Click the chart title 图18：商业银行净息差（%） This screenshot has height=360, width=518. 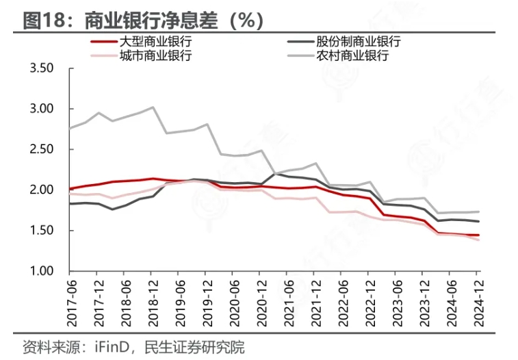pos(143,20)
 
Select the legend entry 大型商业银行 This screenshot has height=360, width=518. pos(156,42)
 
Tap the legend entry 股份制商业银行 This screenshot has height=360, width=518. pos(359,42)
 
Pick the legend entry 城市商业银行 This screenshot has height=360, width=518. pos(156,55)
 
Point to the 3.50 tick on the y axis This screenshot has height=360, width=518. pos(42,68)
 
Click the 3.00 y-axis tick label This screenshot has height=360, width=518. pos(42,109)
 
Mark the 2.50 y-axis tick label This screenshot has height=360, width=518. pos(42,149)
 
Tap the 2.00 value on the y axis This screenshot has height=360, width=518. pos(42,190)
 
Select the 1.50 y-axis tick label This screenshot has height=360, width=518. pos(42,231)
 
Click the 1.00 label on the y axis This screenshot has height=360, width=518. pos(42,271)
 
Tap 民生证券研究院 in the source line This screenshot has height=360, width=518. pos(193,346)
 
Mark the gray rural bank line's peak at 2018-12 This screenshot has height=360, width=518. pos(153,107)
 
